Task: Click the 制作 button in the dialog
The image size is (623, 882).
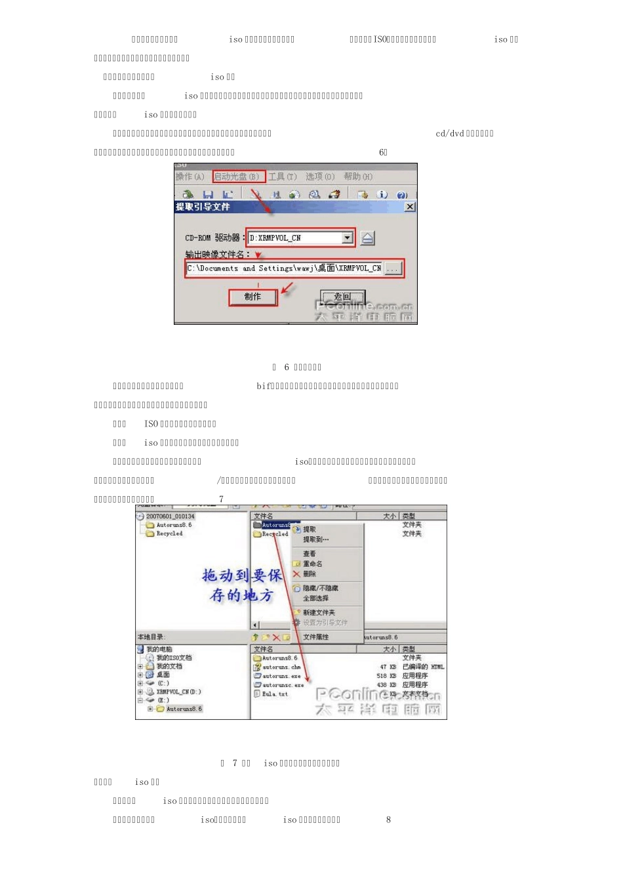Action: [x=252, y=297]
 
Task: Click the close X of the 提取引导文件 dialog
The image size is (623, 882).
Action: [x=410, y=207]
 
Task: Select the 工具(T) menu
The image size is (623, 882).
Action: [x=282, y=177]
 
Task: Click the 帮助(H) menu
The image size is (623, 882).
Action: [x=358, y=177]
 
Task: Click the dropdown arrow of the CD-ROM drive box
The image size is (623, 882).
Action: [x=347, y=238]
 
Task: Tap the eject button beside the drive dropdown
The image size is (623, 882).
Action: [x=368, y=238]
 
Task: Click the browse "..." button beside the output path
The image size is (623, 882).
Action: [x=392, y=268]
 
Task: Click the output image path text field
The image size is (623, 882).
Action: [x=284, y=268]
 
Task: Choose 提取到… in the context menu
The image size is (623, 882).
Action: [x=315, y=539]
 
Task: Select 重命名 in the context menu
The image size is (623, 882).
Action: [x=312, y=564]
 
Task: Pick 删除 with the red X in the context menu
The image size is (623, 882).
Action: [x=309, y=574]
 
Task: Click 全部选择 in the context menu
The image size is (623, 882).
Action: [x=315, y=598]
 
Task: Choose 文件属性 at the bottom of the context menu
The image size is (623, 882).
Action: [x=315, y=637]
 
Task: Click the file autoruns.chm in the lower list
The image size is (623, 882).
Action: [x=281, y=667]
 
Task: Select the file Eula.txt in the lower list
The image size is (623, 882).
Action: [x=275, y=694]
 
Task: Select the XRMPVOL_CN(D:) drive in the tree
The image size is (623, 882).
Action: [x=178, y=692]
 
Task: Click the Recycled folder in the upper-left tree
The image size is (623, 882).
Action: [x=169, y=534]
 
